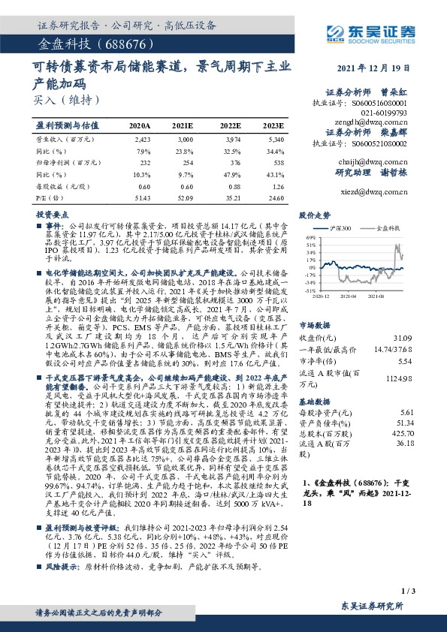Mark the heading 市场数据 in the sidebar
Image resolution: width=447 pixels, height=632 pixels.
click(x=314, y=305)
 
